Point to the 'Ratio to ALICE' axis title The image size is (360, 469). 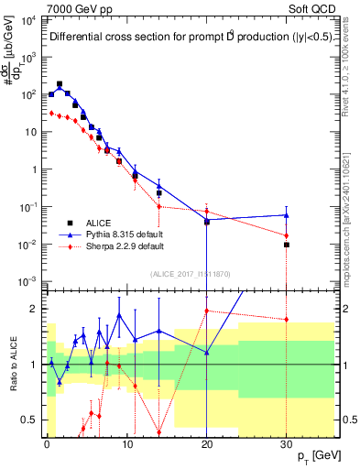point(12,365)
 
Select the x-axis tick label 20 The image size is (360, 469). point(207,442)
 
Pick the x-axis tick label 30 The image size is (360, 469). point(287,442)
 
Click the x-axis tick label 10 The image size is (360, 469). point(127,442)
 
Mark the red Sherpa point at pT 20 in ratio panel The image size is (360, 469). point(207,311)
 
